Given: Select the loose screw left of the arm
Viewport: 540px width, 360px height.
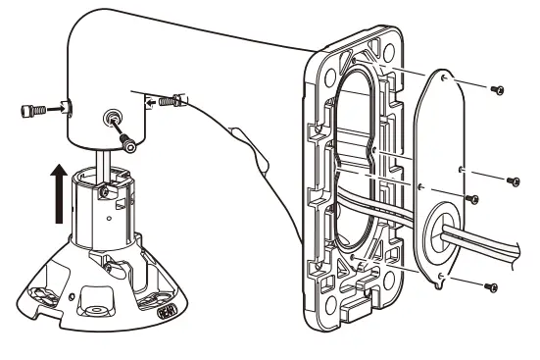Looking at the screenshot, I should pyautogui.click(x=29, y=109).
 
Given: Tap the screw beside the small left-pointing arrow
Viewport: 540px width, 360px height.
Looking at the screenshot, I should pyautogui.click(x=173, y=99).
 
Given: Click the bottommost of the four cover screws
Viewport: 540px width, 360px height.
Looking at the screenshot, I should pyautogui.click(x=491, y=287).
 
